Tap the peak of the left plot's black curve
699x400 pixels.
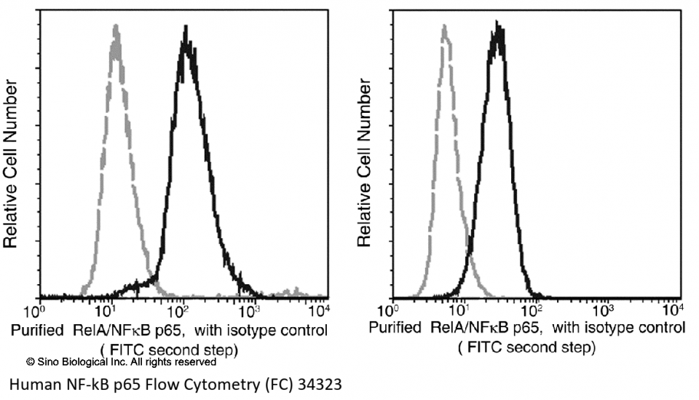[x=186, y=29]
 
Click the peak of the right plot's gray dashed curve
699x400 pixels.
[x=443, y=28]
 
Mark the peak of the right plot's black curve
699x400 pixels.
[x=499, y=25]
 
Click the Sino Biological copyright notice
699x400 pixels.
[x=121, y=361]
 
